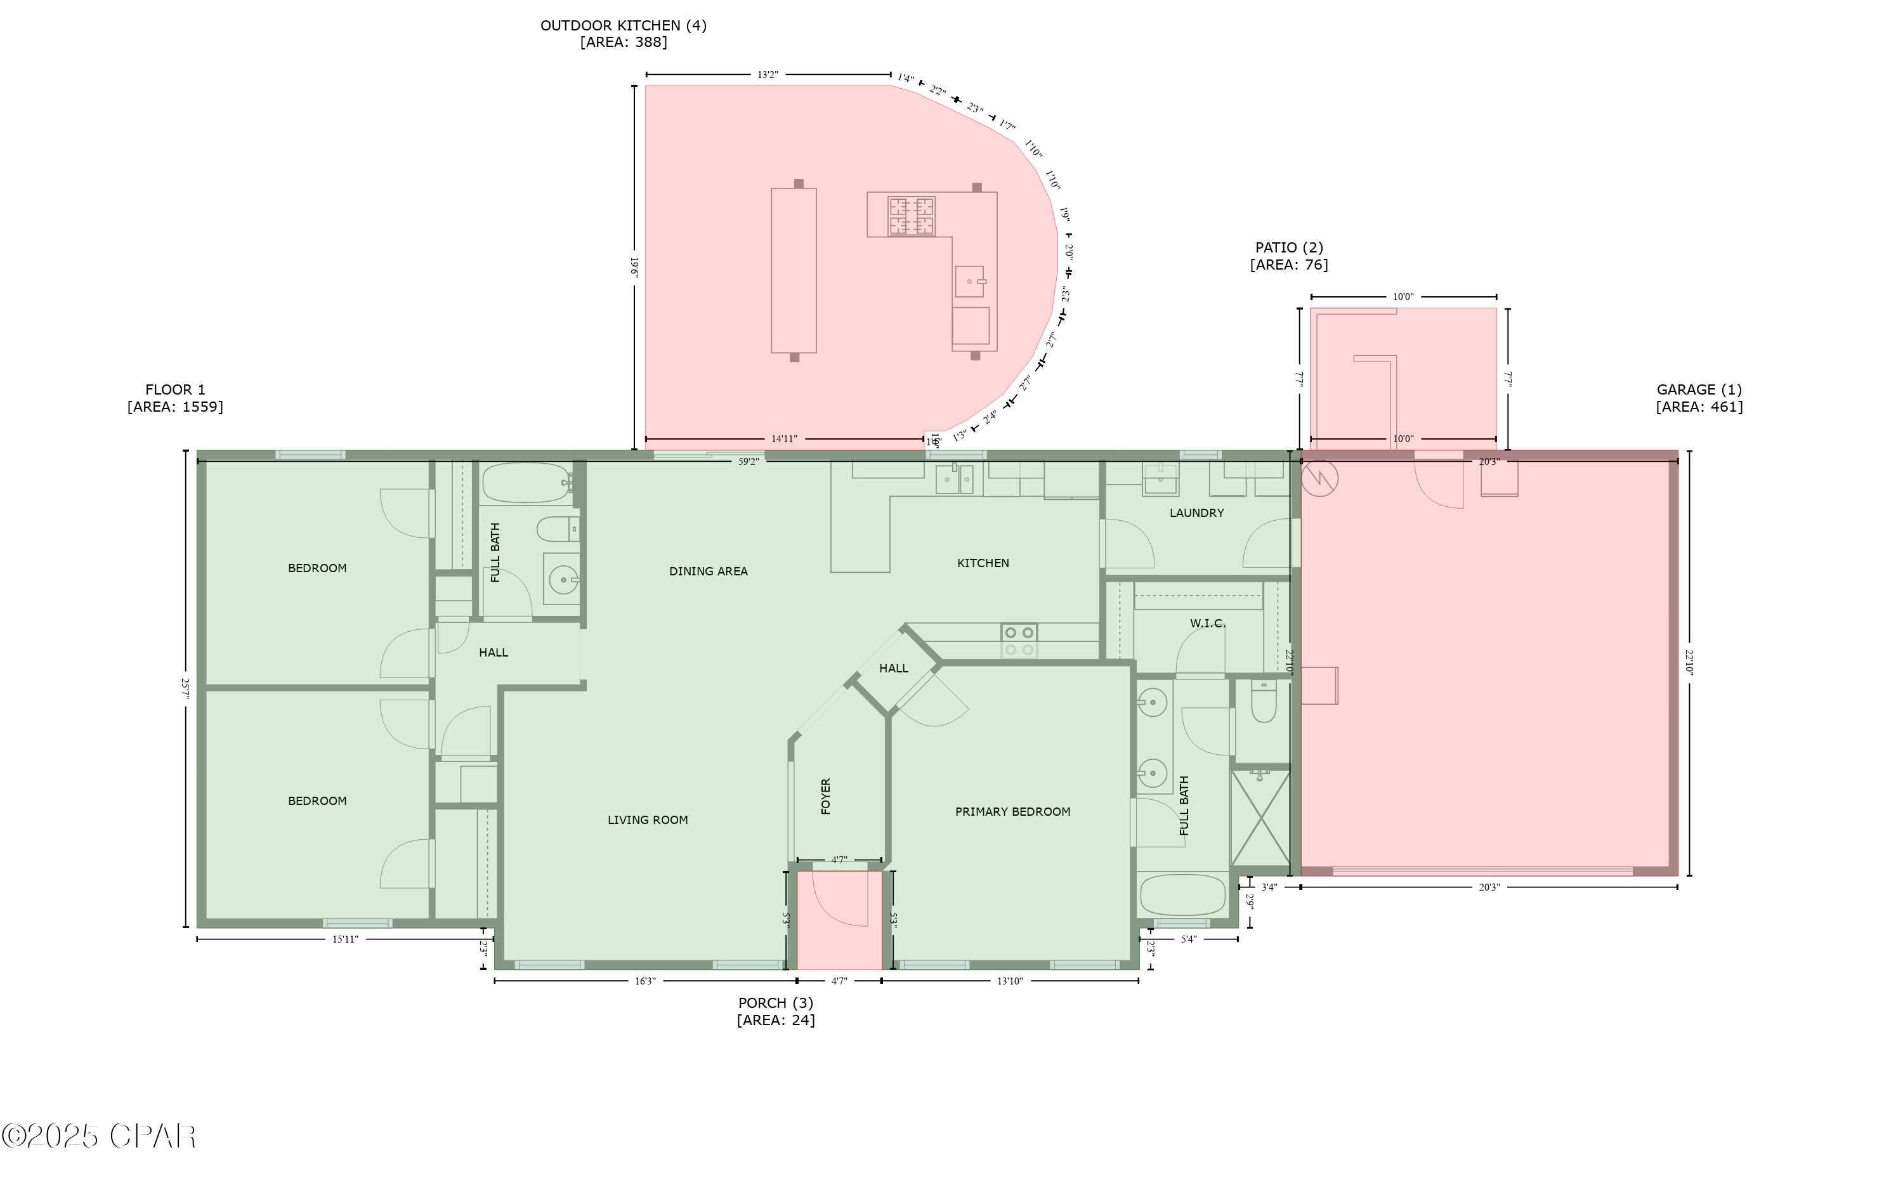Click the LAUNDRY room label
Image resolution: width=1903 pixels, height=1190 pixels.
click(x=1196, y=513)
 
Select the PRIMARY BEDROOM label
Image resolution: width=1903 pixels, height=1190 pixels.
click(x=1012, y=811)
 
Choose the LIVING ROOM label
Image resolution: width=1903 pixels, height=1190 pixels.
click(x=647, y=820)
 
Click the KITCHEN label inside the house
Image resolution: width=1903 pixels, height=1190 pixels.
click(x=982, y=563)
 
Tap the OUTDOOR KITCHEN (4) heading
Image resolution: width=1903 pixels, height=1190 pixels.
click(x=624, y=26)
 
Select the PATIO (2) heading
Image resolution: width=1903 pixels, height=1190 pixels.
click(x=1289, y=248)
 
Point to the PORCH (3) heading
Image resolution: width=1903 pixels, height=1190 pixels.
click(x=775, y=1003)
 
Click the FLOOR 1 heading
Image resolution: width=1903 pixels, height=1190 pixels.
click(x=174, y=389)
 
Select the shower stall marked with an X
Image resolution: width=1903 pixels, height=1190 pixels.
click(x=1260, y=818)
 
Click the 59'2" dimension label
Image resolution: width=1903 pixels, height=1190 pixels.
click(x=748, y=462)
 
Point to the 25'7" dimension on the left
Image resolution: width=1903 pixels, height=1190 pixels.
click(x=186, y=689)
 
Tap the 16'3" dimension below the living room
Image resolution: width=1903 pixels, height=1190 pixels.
click(x=644, y=981)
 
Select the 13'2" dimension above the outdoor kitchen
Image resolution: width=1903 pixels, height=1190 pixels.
click(x=768, y=75)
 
